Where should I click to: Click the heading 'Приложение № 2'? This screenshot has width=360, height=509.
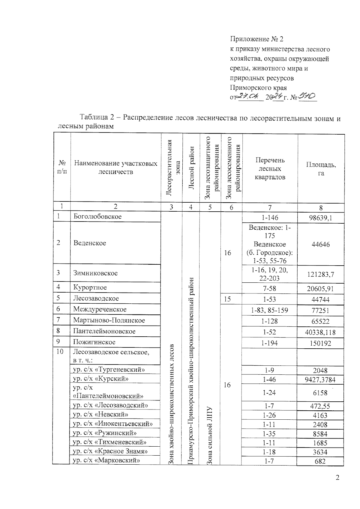point(256,39)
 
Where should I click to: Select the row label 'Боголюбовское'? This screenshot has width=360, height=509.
point(97,216)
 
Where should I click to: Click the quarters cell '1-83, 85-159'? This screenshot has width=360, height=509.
point(269,310)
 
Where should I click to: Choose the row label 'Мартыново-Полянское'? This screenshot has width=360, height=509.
point(109,320)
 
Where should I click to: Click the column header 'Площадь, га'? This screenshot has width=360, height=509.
point(321,169)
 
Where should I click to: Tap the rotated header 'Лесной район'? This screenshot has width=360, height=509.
point(191,168)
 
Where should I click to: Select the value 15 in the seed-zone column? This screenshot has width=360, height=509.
point(227,299)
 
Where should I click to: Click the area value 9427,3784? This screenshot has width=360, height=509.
point(320,380)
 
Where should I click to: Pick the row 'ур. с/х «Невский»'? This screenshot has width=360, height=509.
point(101,415)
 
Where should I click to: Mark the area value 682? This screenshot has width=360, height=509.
point(320,461)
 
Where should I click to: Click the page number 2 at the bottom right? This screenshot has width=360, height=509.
point(337,478)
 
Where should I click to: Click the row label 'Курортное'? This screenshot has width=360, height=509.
point(90,287)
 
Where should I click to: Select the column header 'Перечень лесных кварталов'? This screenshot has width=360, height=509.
point(269,168)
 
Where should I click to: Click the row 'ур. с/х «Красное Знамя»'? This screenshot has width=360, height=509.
point(111,451)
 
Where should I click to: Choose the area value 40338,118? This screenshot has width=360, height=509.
point(320,332)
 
